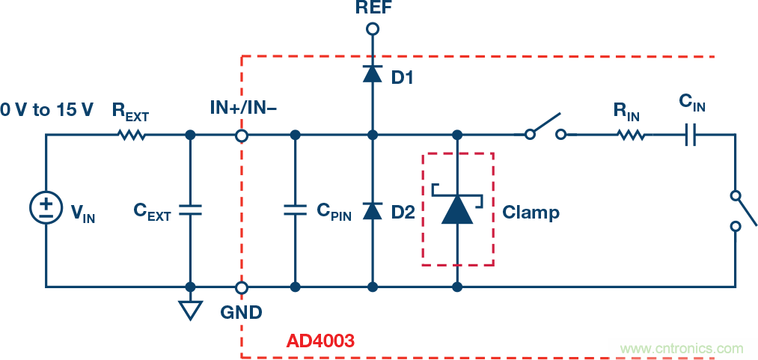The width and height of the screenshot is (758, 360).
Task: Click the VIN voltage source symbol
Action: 46,207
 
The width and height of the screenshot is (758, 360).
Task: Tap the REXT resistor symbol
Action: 132,135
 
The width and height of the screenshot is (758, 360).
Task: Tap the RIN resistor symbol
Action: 631,135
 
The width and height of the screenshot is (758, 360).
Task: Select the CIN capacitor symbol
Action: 692,135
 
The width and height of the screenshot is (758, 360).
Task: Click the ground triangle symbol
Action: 190,309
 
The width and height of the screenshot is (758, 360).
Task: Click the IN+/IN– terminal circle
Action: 242,135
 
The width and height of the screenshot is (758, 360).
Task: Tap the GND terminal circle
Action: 242,287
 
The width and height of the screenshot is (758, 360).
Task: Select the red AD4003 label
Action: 320,341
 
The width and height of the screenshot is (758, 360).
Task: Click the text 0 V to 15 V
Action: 46,110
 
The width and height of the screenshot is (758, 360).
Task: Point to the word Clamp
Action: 531,212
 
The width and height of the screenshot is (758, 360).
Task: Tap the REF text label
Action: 373,7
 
